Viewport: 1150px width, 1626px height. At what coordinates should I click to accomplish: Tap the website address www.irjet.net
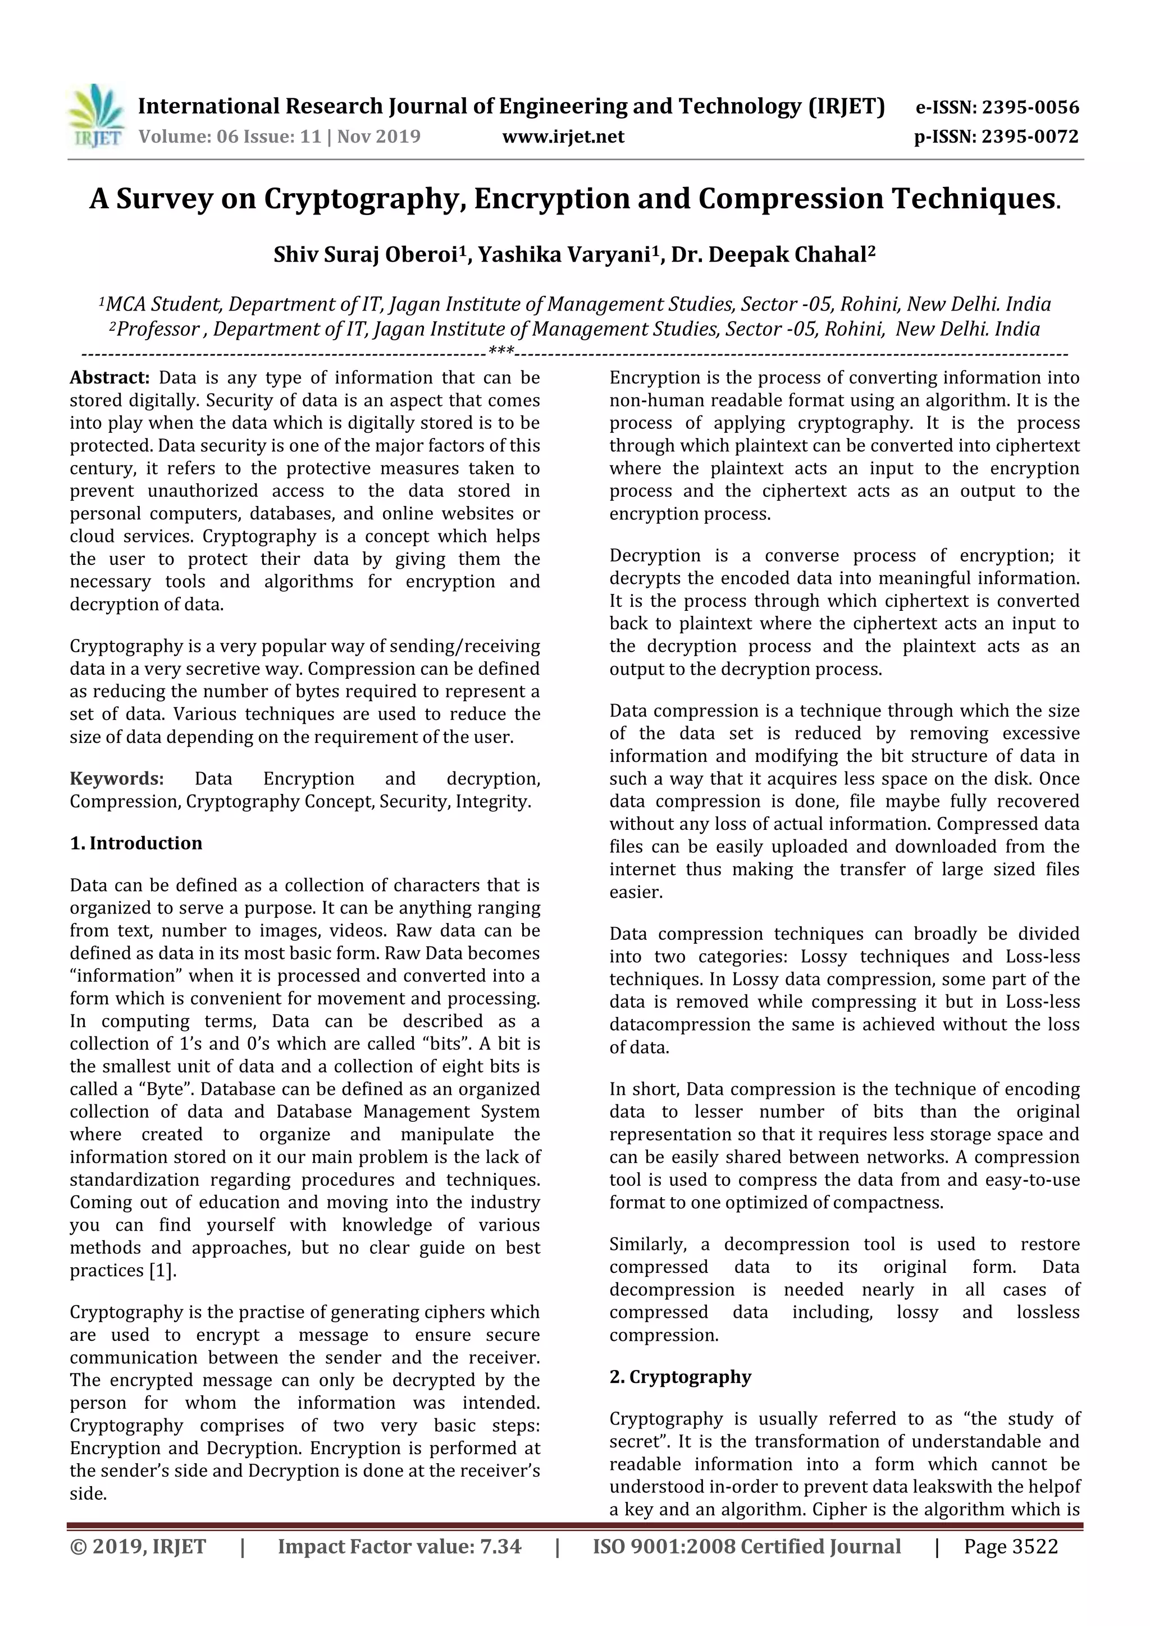coord(563,136)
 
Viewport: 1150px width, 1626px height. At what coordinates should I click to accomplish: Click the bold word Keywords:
coord(117,779)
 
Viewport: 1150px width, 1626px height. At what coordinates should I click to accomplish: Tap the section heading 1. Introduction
coord(136,843)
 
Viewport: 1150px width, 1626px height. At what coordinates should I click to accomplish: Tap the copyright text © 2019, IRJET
coord(138,1547)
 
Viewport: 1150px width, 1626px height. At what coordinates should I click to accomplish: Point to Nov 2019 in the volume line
coord(378,136)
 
